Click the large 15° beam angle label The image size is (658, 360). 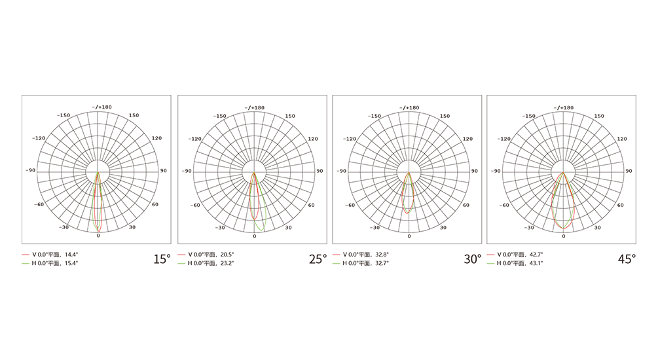tap(162, 259)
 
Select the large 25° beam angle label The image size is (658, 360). tap(318, 259)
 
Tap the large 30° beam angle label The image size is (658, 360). tap(473, 259)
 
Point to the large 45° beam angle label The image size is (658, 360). tap(627, 259)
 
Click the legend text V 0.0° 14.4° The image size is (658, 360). tap(55, 254)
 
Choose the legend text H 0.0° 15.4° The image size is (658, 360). tap(55, 263)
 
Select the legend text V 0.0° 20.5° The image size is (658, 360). tap(211, 254)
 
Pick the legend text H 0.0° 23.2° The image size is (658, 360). tap(211, 263)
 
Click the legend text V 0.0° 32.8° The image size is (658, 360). tap(365, 254)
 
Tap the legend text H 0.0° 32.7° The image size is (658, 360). tap(365, 263)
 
